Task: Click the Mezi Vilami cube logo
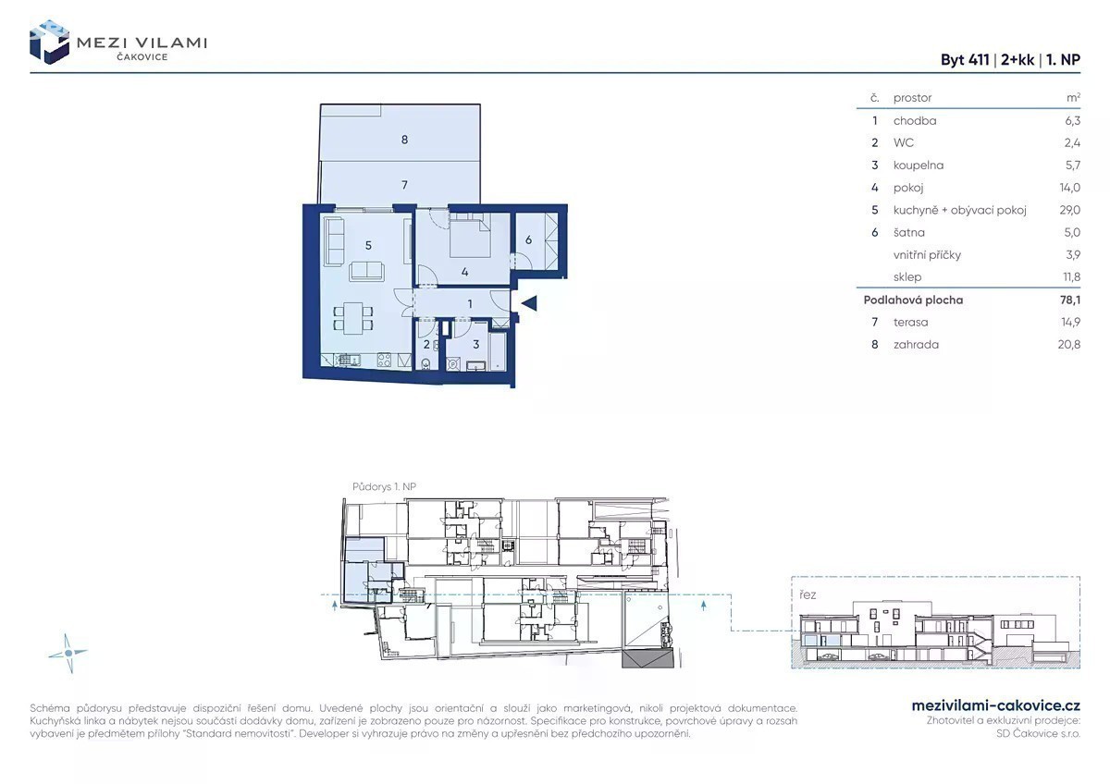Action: tap(49, 43)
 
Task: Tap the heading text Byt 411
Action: tap(964, 60)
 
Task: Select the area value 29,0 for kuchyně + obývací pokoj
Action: tap(1070, 210)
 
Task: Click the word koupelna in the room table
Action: tap(919, 165)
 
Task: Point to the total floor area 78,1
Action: tap(1071, 300)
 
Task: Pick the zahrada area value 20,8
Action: tap(1069, 344)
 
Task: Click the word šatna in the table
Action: tap(908, 232)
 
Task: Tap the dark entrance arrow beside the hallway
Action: tap(529, 303)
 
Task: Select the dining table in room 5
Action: tap(352, 318)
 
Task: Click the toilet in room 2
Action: tap(425, 364)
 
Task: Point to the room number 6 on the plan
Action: tap(528, 240)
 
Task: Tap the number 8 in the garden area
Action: tap(404, 140)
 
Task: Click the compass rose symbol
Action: tap(68, 654)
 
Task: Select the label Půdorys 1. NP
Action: tap(384, 487)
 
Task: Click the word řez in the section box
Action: tap(808, 594)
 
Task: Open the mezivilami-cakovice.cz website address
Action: tap(996, 705)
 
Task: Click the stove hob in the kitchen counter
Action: tap(384, 360)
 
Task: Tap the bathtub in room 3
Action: tap(497, 351)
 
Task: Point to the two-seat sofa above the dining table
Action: tap(366, 272)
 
